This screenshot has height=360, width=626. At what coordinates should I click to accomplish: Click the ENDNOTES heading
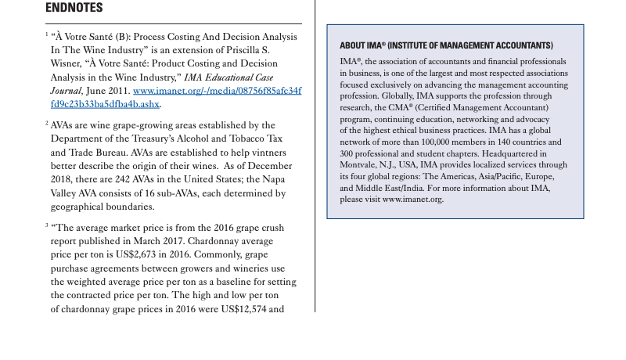[x=74, y=8]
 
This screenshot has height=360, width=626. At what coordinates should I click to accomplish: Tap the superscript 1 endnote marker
[x=46, y=34]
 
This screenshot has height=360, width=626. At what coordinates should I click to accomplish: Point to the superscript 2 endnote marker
[x=46, y=123]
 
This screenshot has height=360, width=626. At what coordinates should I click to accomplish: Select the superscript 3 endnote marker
[x=46, y=225]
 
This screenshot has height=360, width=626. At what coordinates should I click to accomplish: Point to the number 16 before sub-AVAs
[x=146, y=193]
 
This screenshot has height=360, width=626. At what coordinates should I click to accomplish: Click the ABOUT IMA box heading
[x=446, y=45]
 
